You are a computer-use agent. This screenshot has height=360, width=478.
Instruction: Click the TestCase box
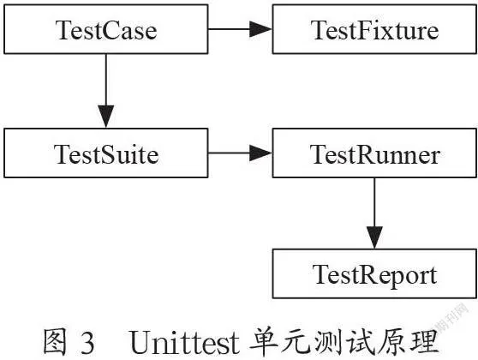105,29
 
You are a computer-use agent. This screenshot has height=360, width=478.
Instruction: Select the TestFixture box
374,29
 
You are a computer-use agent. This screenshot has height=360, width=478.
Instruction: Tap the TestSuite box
105,153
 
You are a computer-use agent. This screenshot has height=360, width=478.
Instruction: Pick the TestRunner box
374,153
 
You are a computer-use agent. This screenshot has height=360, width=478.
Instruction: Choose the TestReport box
374,273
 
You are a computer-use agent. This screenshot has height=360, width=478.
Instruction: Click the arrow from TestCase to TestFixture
240,29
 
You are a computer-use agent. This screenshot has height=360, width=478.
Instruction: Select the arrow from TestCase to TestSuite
105,91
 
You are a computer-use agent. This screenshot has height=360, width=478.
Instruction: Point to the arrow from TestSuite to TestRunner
240,153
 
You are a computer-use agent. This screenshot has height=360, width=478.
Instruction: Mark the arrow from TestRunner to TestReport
374,213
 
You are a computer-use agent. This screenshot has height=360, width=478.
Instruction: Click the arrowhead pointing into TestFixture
260,29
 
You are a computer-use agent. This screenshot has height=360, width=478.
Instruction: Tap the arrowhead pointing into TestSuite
105,117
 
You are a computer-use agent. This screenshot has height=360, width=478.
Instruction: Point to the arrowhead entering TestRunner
260,153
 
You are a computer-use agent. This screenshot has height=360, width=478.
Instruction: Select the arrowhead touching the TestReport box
374,237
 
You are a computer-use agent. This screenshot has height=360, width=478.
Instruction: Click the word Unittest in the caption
184,342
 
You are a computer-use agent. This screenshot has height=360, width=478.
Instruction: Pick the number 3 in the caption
87,343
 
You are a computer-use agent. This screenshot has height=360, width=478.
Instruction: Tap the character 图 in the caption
55,342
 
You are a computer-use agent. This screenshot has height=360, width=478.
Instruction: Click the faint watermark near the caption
451,318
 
